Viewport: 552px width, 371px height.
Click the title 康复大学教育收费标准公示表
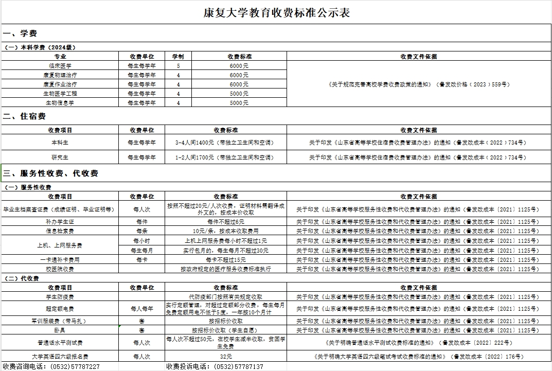(277, 13)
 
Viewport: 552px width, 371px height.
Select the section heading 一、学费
(20, 34)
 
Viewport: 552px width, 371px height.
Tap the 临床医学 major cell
(60, 66)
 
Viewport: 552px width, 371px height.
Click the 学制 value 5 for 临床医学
(178, 66)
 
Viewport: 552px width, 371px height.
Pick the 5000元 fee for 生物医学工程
(239, 94)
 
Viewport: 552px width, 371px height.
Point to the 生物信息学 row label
(60, 103)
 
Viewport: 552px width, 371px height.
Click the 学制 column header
(178, 57)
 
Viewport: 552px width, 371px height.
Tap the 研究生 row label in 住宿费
(60, 157)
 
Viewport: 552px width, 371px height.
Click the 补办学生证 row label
(60, 221)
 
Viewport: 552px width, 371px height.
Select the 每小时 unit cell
(141, 241)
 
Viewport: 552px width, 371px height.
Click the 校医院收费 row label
(60, 269)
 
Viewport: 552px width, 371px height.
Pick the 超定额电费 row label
(60, 309)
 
